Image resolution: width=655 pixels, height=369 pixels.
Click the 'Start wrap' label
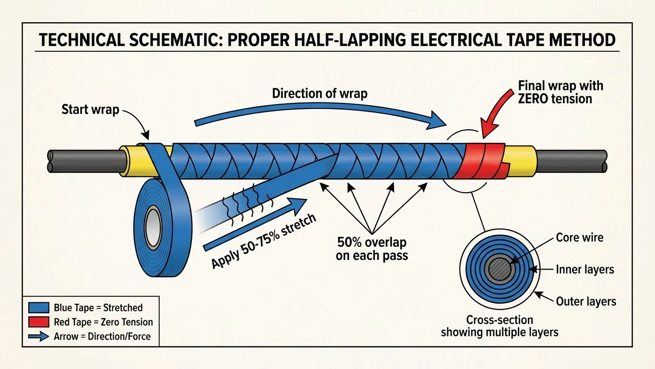[90, 110]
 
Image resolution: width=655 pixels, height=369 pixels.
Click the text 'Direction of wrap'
[320, 93]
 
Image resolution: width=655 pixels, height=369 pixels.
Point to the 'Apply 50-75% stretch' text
[263, 240]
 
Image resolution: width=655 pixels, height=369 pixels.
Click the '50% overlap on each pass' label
[371, 248]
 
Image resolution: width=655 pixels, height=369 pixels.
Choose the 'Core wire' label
[579, 237]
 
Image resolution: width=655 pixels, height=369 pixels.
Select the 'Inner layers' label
[585, 270]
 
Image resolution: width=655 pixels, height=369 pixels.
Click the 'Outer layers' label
[585, 302]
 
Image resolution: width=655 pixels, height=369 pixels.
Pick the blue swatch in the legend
[39, 307]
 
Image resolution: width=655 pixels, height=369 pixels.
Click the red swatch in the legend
[39, 322]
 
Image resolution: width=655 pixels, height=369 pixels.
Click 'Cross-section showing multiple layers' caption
[499, 325]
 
